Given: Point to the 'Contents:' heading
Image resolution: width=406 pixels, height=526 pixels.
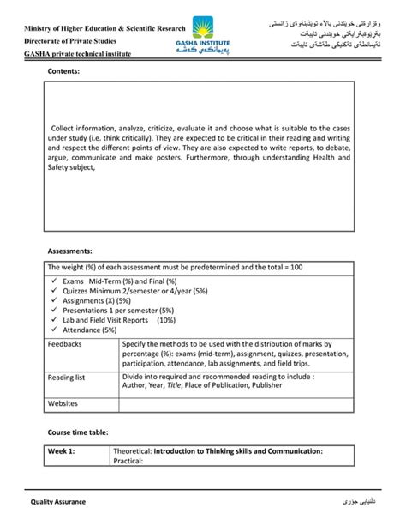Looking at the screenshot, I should click(63, 73).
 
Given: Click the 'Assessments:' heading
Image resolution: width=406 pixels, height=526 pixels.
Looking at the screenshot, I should click(69, 251).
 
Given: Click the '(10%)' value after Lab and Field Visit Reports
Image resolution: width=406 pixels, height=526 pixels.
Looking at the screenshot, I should click(166, 320).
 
